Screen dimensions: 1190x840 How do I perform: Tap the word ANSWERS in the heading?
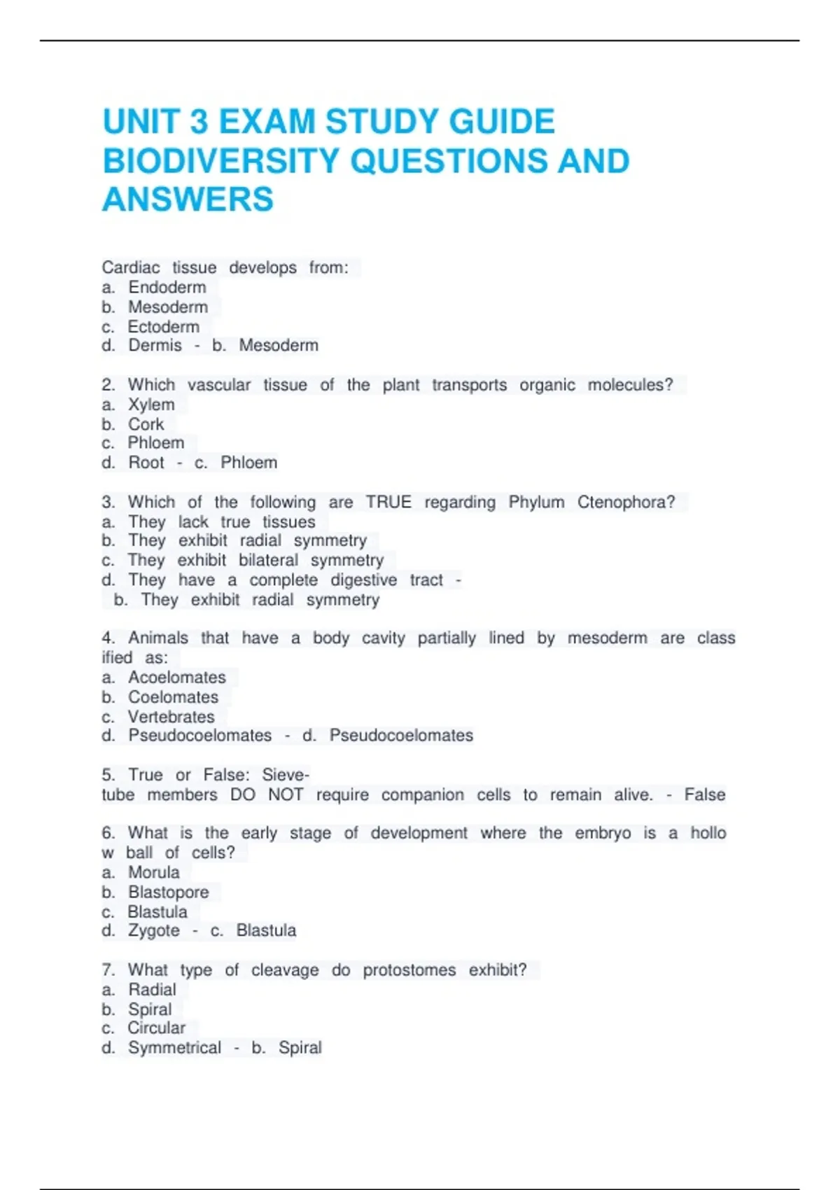[188, 199]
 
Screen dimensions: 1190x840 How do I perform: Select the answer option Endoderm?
[167, 288]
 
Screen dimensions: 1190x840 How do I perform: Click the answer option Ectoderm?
[163, 327]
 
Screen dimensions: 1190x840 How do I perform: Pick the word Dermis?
[155, 346]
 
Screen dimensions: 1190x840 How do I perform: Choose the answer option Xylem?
[151, 405]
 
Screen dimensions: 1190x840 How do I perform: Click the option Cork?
[146, 424]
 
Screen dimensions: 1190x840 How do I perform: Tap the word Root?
[146, 463]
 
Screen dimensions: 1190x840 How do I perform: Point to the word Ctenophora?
[626, 503]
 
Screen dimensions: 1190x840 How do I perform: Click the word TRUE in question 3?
[388, 503]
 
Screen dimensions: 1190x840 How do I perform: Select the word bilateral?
[268, 561]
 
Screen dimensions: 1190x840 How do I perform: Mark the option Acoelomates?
[177, 678]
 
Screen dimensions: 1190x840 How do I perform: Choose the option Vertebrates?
[171, 717]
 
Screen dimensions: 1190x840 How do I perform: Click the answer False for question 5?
[704, 795]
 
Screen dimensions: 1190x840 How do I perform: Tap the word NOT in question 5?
[286, 795]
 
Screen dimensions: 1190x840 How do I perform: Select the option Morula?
[154, 873]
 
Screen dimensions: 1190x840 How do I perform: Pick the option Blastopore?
[168, 892]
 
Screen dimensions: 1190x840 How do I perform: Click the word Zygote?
[154, 931]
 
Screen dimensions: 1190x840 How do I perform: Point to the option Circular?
[156, 1028]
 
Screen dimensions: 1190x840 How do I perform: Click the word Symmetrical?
[174, 1048]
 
